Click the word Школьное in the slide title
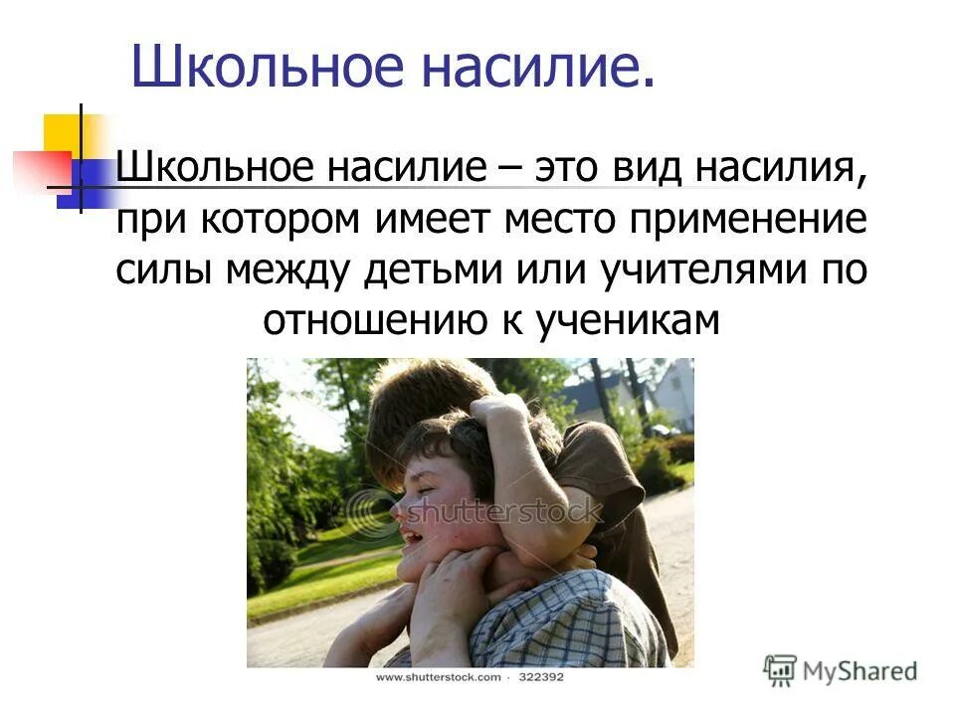[x=260, y=68]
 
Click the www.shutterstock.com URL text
[x=437, y=677]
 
